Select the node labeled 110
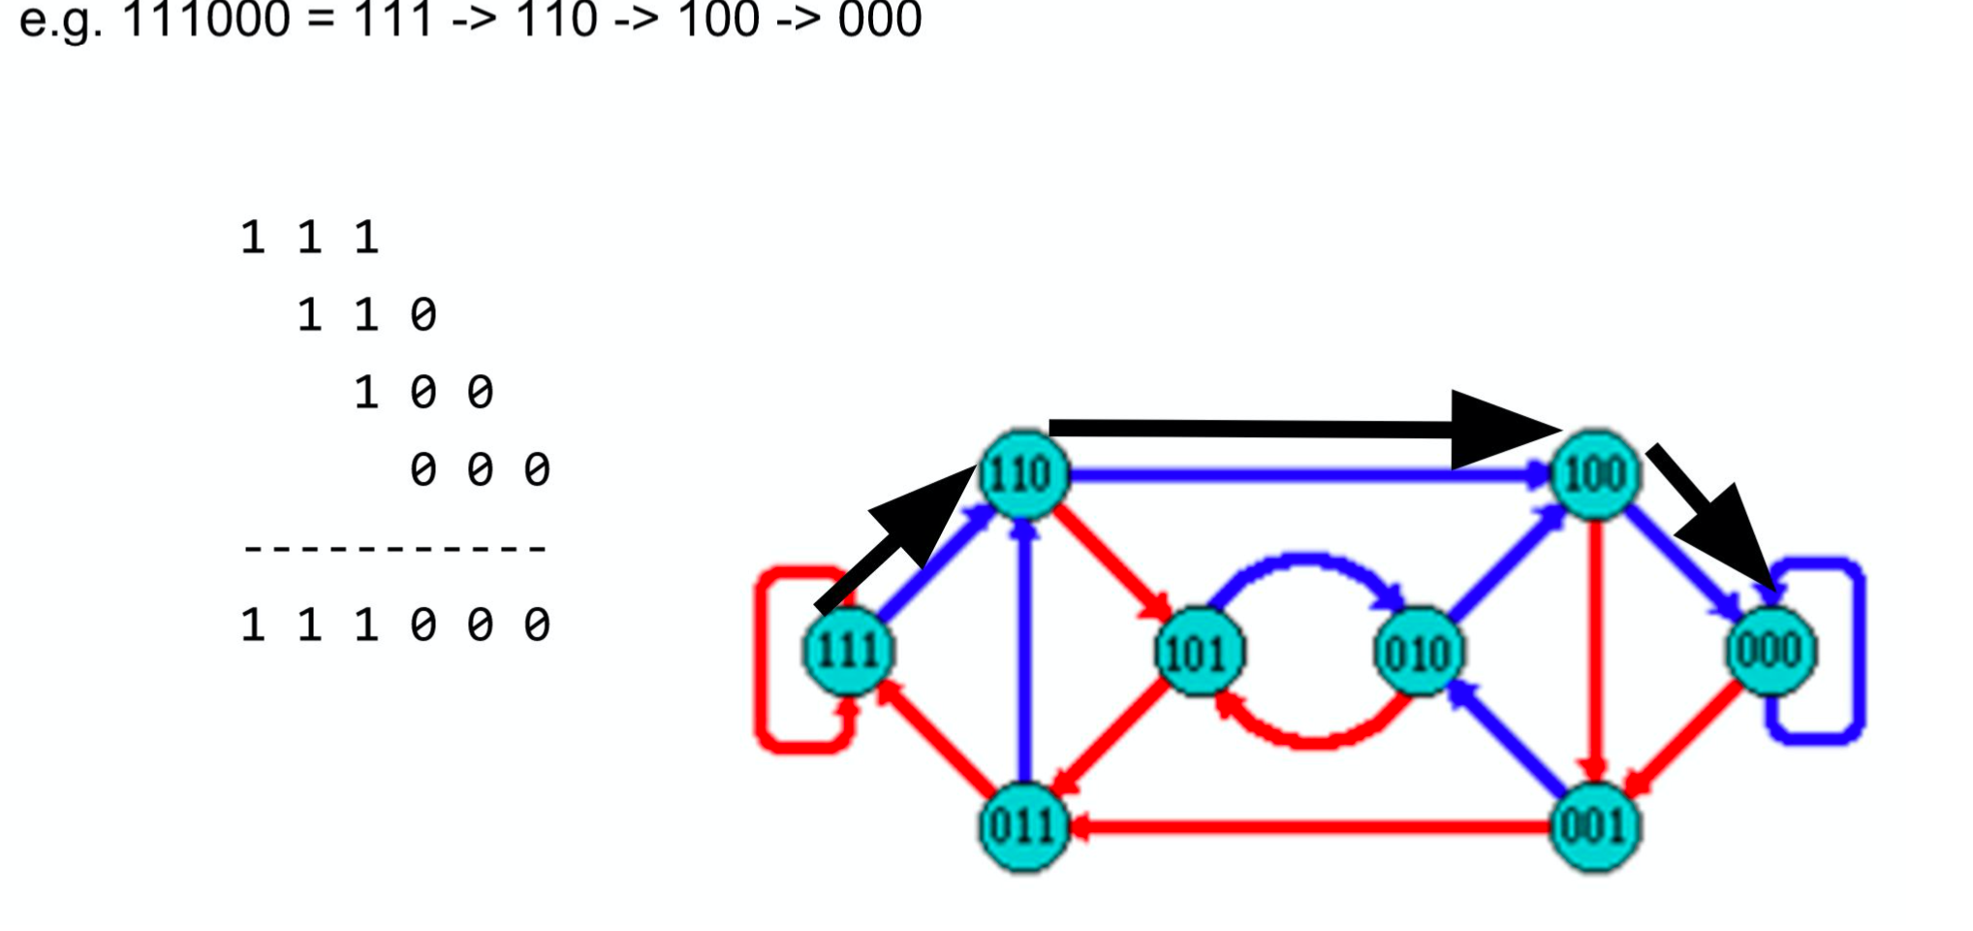tap(1023, 474)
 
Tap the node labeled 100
tap(1595, 474)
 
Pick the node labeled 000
tap(1769, 650)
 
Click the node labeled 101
tap(1200, 652)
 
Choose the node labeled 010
tap(1419, 652)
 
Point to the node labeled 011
tap(1023, 826)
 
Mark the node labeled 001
tap(1595, 826)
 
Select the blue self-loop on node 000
tap(1857, 650)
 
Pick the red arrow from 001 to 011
tap(1308, 827)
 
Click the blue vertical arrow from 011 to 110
tap(1024, 659)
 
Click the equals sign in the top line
tap(322, 19)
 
